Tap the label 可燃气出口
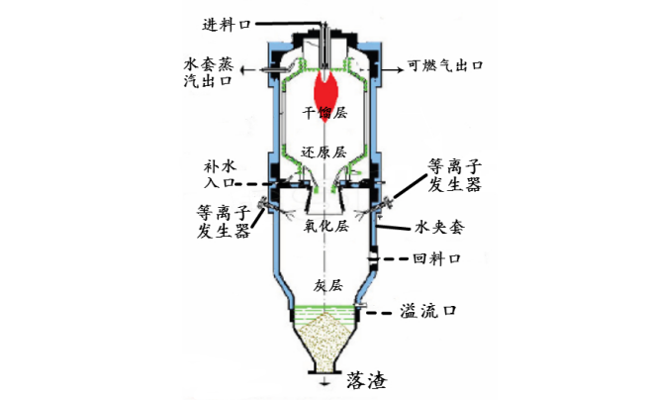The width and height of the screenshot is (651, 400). pyautogui.click(x=445, y=68)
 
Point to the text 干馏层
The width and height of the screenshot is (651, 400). pyautogui.click(x=325, y=116)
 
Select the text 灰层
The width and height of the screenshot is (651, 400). pyautogui.click(x=327, y=284)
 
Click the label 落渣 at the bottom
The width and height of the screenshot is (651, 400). pyautogui.click(x=364, y=381)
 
